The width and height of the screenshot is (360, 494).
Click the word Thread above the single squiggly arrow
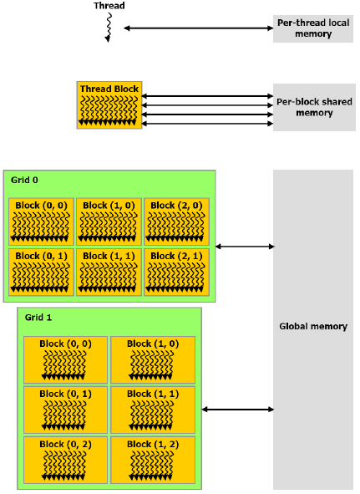pyautogui.click(x=109, y=6)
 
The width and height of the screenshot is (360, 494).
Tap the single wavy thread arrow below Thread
pyautogui.click(x=109, y=28)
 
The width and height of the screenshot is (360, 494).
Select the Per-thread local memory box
pyautogui.click(x=313, y=28)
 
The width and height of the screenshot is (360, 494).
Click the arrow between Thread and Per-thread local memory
pyautogui.click(x=199, y=28)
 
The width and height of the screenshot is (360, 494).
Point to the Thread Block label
pyautogui.click(x=109, y=89)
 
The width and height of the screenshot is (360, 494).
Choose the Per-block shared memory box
pyautogui.click(x=314, y=108)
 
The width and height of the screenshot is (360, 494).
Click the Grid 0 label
pyautogui.click(x=24, y=180)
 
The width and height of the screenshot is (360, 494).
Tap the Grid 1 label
pyautogui.click(x=38, y=318)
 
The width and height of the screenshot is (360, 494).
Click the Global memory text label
pyautogui.click(x=313, y=326)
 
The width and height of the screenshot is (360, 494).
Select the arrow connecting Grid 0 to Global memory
pyautogui.click(x=245, y=247)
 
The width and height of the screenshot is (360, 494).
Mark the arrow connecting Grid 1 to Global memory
pyautogui.click(x=237, y=410)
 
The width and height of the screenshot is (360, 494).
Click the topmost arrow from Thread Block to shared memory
pyautogui.click(x=207, y=96)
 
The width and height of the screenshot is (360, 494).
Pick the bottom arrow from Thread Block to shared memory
pyautogui.click(x=207, y=124)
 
